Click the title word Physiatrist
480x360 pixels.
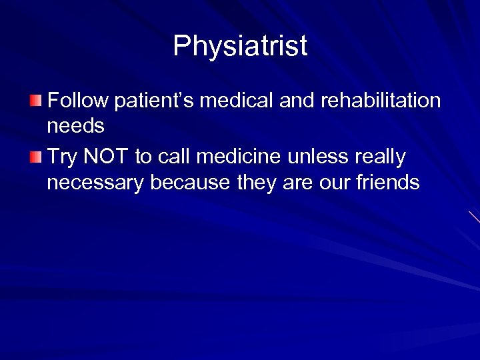click(240, 47)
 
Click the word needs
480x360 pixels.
click(75, 126)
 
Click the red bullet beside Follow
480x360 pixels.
click(35, 101)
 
